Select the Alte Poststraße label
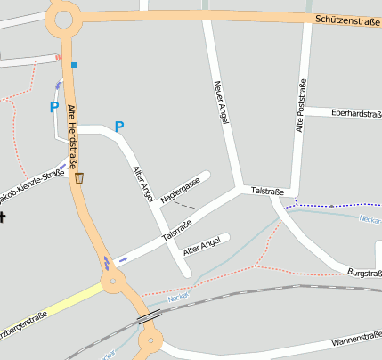pos(301,106)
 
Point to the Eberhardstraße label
pos(355,113)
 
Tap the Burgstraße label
pos(364,273)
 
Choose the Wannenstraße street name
pos(355,338)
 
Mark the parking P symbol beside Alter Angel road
pos(119,127)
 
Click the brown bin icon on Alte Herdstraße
pos(79,178)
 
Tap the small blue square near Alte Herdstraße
pos(74,64)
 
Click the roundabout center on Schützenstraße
pos(62,17)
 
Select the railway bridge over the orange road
pos(148,315)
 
